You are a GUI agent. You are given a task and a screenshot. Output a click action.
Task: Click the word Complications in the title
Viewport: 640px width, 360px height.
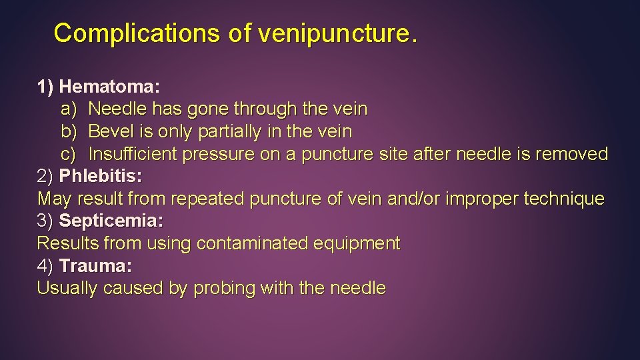pyautogui.click(x=137, y=33)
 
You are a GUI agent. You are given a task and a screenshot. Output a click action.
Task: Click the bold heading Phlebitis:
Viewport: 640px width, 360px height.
pyautogui.click(x=101, y=177)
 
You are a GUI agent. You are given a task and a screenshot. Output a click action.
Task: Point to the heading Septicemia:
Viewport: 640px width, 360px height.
pyautogui.click(x=111, y=221)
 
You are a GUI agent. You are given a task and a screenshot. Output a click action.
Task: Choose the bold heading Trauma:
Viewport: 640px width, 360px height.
pyautogui.click(x=95, y=266)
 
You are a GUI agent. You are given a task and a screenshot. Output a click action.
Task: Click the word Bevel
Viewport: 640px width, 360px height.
pyautogui.click(x=109, y=131)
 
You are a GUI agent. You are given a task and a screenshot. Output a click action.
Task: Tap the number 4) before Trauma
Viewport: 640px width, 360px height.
pyautogui.click(x=45, y=266)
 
